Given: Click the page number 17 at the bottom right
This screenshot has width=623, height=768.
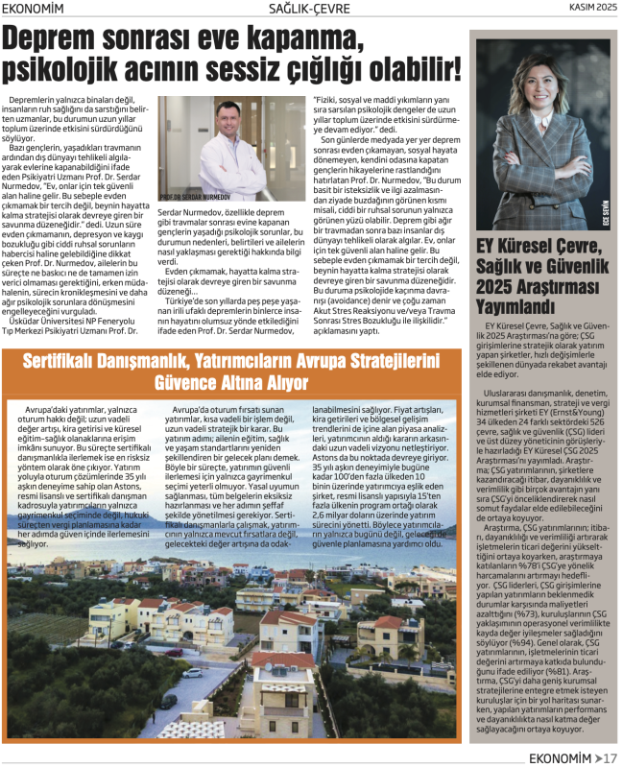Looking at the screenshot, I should (611, 757).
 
